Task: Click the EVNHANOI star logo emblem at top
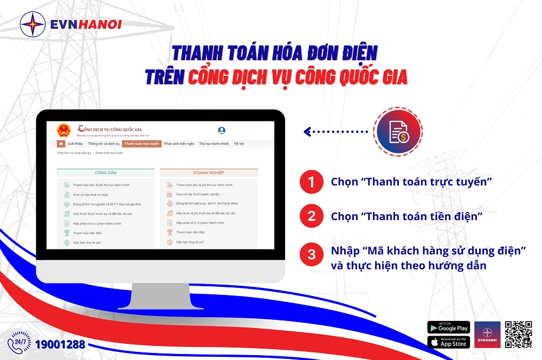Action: (33, 24)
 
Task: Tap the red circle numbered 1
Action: (311, 182)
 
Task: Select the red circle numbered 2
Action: (311, 217)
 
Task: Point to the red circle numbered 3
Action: (311, 254)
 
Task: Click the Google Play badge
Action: (448, 327)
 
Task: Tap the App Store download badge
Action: (448, 342)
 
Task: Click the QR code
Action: (518, 335)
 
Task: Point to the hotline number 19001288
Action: (60, 344)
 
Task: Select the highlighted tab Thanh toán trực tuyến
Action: (141, 144)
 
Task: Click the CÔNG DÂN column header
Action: (106, 172)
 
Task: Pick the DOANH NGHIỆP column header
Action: (209, 172)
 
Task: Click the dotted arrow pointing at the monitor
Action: (336, 131)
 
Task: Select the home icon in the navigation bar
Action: (61, 144)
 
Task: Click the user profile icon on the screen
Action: (222, 131)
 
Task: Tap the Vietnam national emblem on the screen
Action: (64, 131)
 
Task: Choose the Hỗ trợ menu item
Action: (239, 144)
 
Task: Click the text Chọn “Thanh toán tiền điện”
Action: (406, 217)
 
